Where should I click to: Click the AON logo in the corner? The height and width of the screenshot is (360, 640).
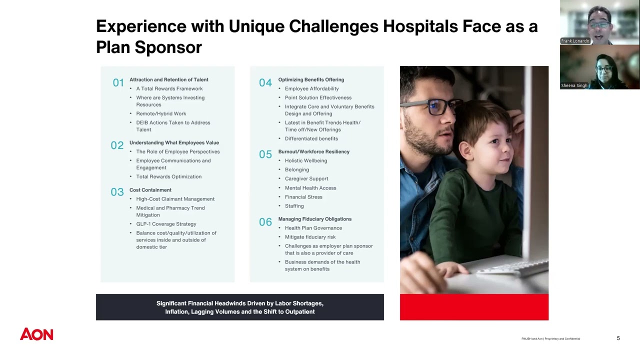pos(36,334)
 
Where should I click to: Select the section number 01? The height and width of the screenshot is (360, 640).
pos(118,83)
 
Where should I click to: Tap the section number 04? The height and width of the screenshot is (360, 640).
pos(265,83)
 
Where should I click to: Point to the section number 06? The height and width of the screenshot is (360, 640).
pos(265,222)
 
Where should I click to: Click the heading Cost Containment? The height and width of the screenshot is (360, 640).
pos(150,190)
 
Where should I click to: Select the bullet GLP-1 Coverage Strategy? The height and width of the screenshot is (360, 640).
pos(166,224)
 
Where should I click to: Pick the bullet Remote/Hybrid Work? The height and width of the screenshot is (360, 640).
pos(161,113)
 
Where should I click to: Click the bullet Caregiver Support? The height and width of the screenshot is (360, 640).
pos(306,178)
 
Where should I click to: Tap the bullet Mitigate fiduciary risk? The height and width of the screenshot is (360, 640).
pos(310,237)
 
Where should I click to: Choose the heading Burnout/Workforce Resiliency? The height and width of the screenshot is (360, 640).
pos(313,151)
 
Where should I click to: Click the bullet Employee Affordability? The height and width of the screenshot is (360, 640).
pos(311,88)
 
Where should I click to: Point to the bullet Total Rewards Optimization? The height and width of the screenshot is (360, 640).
pos(168,176)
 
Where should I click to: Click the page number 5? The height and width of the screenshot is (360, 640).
pos(618,338)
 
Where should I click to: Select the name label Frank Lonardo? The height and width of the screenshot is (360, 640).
pos(575,41)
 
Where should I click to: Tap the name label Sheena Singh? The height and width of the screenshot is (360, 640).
pos(574,85)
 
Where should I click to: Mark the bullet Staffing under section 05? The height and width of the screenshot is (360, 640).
pos(294,206)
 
